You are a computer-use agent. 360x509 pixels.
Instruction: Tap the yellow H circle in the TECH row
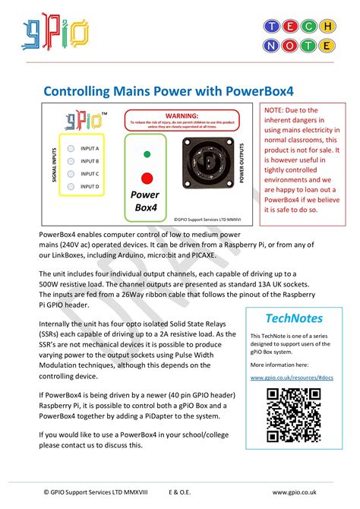[326, 27]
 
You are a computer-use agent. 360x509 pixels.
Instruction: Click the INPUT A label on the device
[90, 149]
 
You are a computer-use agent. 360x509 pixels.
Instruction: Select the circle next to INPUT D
[71, 186]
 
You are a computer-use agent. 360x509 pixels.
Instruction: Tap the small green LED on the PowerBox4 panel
[146, 154]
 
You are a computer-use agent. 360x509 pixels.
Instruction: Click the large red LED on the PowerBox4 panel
[146, 179]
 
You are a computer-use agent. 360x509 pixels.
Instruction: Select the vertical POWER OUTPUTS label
[242, 164]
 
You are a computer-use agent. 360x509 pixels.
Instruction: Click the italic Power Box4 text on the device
[145, 203]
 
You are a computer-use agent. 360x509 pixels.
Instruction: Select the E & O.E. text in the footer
[175, 492]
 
